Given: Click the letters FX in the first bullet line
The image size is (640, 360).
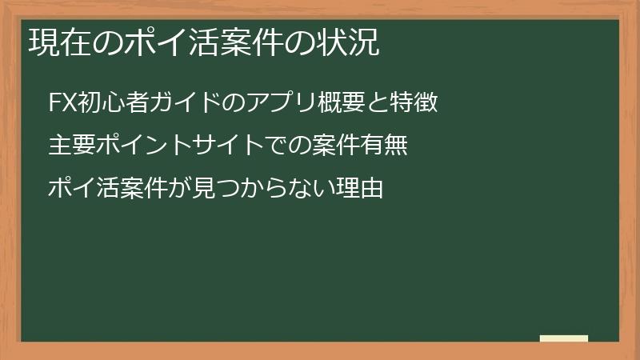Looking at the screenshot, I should pos(61,103).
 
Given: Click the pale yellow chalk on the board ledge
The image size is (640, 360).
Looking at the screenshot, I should pos(563,338).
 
